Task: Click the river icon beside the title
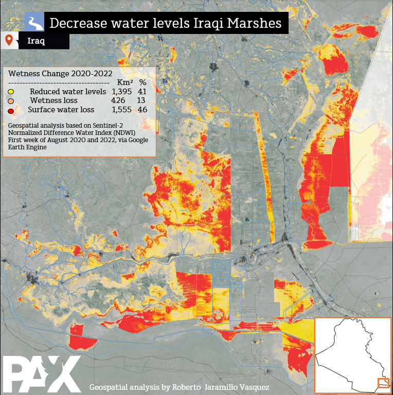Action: tap(34, 23)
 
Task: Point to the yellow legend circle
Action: tap(10, 92)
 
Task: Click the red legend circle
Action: tap(10, 110)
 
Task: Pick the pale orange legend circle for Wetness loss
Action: tap(10, 101)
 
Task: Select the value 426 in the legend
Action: tap(118, 100)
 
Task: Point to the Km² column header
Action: tap(125, 82)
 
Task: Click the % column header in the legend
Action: tap(143, 82)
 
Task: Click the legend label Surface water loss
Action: tap(61, 110)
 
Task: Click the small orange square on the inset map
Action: tap(383, 383)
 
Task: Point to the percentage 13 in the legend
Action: tap(141, 100)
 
